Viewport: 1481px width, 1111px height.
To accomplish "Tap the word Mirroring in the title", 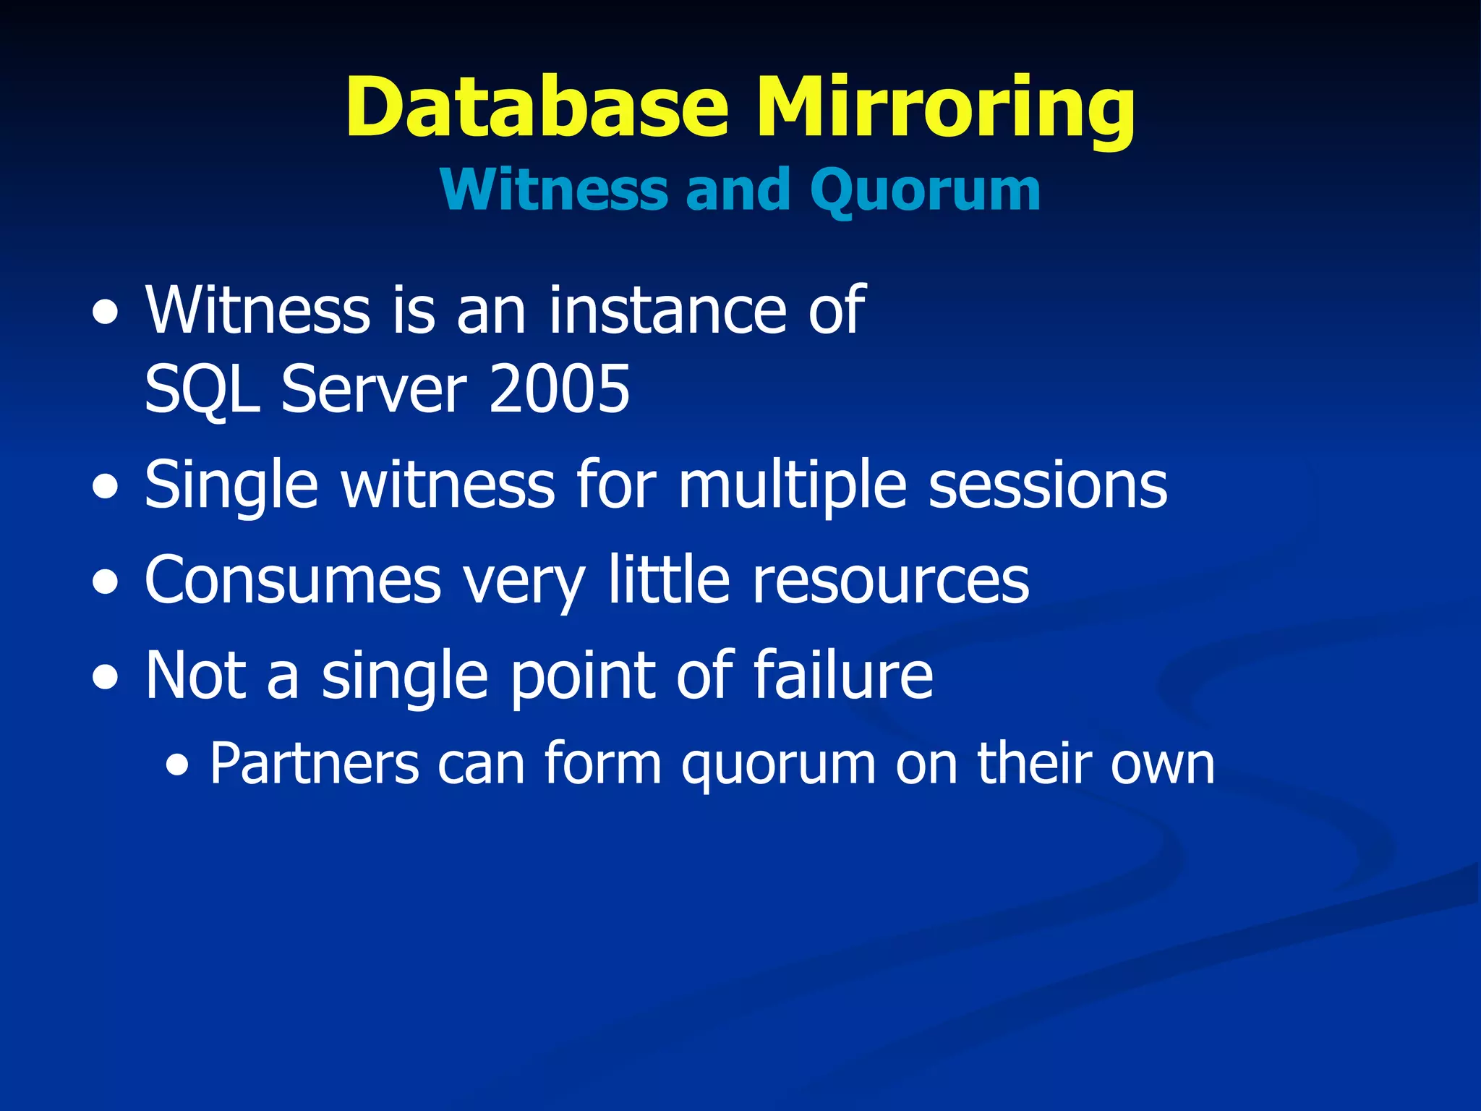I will (945, 108).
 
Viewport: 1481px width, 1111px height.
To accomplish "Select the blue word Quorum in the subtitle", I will (925, 190).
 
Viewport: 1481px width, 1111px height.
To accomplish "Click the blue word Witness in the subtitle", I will (554, 190).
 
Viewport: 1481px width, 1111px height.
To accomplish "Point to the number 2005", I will (559, 389).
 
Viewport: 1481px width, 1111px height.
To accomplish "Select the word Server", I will (374, 389).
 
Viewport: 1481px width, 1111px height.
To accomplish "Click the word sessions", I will (1048, 485).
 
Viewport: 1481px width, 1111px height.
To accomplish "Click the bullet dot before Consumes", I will (106, 584).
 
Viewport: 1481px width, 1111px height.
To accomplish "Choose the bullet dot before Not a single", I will (106, 678).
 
